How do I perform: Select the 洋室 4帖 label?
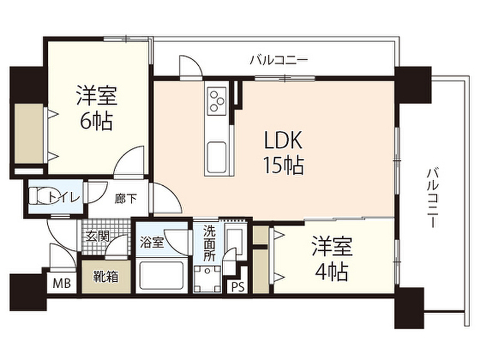click(330, 257)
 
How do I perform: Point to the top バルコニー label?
click(278, 60)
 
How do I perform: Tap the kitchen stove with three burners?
click(216, 100)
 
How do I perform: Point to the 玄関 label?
click(96, 236)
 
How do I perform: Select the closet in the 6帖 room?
click(28, 133)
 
